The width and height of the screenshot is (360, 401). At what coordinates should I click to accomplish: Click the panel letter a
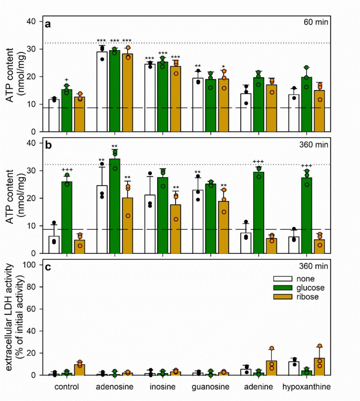point(48,24)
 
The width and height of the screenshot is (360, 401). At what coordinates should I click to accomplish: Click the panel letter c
point(48,268)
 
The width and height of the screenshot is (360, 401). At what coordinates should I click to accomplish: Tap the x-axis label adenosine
point(114,387)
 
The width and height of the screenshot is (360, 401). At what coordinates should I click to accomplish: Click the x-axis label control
point(66,387)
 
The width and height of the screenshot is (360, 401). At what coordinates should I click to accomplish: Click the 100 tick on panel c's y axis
point(31,265)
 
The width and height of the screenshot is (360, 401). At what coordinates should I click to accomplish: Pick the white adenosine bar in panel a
point(101,91)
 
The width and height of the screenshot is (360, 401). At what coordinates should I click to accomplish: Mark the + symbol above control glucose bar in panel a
point(67,80)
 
